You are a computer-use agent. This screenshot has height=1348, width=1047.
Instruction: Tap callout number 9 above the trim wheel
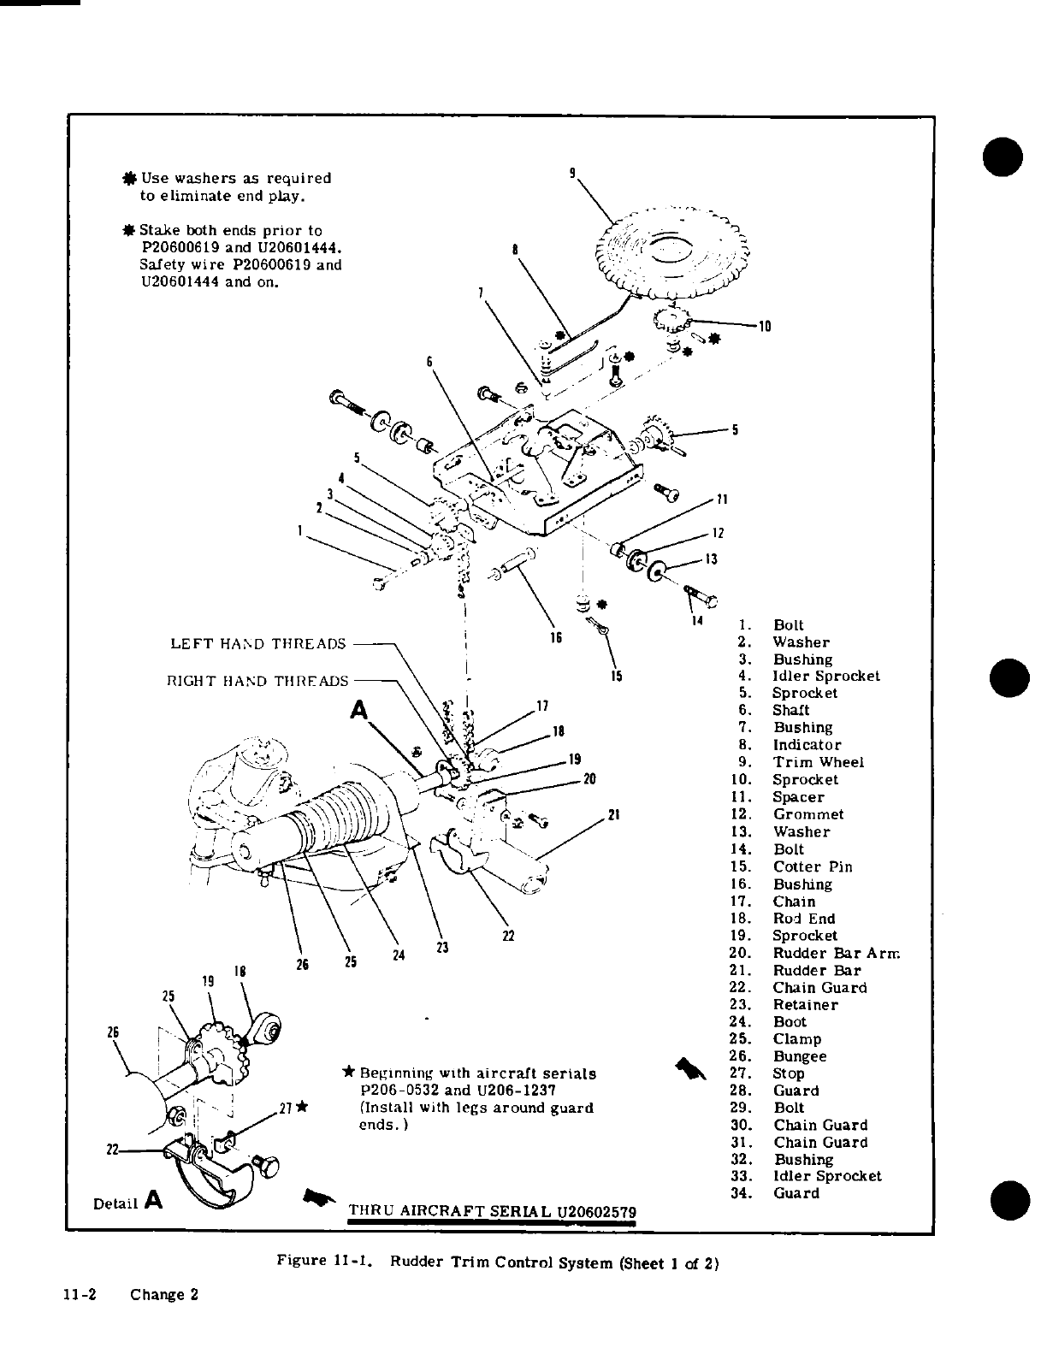point(572,172)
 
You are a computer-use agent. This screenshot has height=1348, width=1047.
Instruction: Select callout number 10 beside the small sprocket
point(765,326)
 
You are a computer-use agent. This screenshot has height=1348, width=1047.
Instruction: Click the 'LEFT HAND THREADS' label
point(258,643)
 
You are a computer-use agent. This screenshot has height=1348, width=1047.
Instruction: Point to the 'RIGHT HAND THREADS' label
point(257,682)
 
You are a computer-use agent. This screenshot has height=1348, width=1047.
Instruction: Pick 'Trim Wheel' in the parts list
point(819,762)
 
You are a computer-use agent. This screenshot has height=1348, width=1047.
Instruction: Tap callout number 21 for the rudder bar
point(612,813)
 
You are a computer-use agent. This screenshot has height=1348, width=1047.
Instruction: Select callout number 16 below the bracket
point(555,638)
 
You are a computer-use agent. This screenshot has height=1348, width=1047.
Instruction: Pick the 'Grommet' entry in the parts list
point(808,814)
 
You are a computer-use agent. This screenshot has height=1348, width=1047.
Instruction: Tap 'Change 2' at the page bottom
point(164,1294)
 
